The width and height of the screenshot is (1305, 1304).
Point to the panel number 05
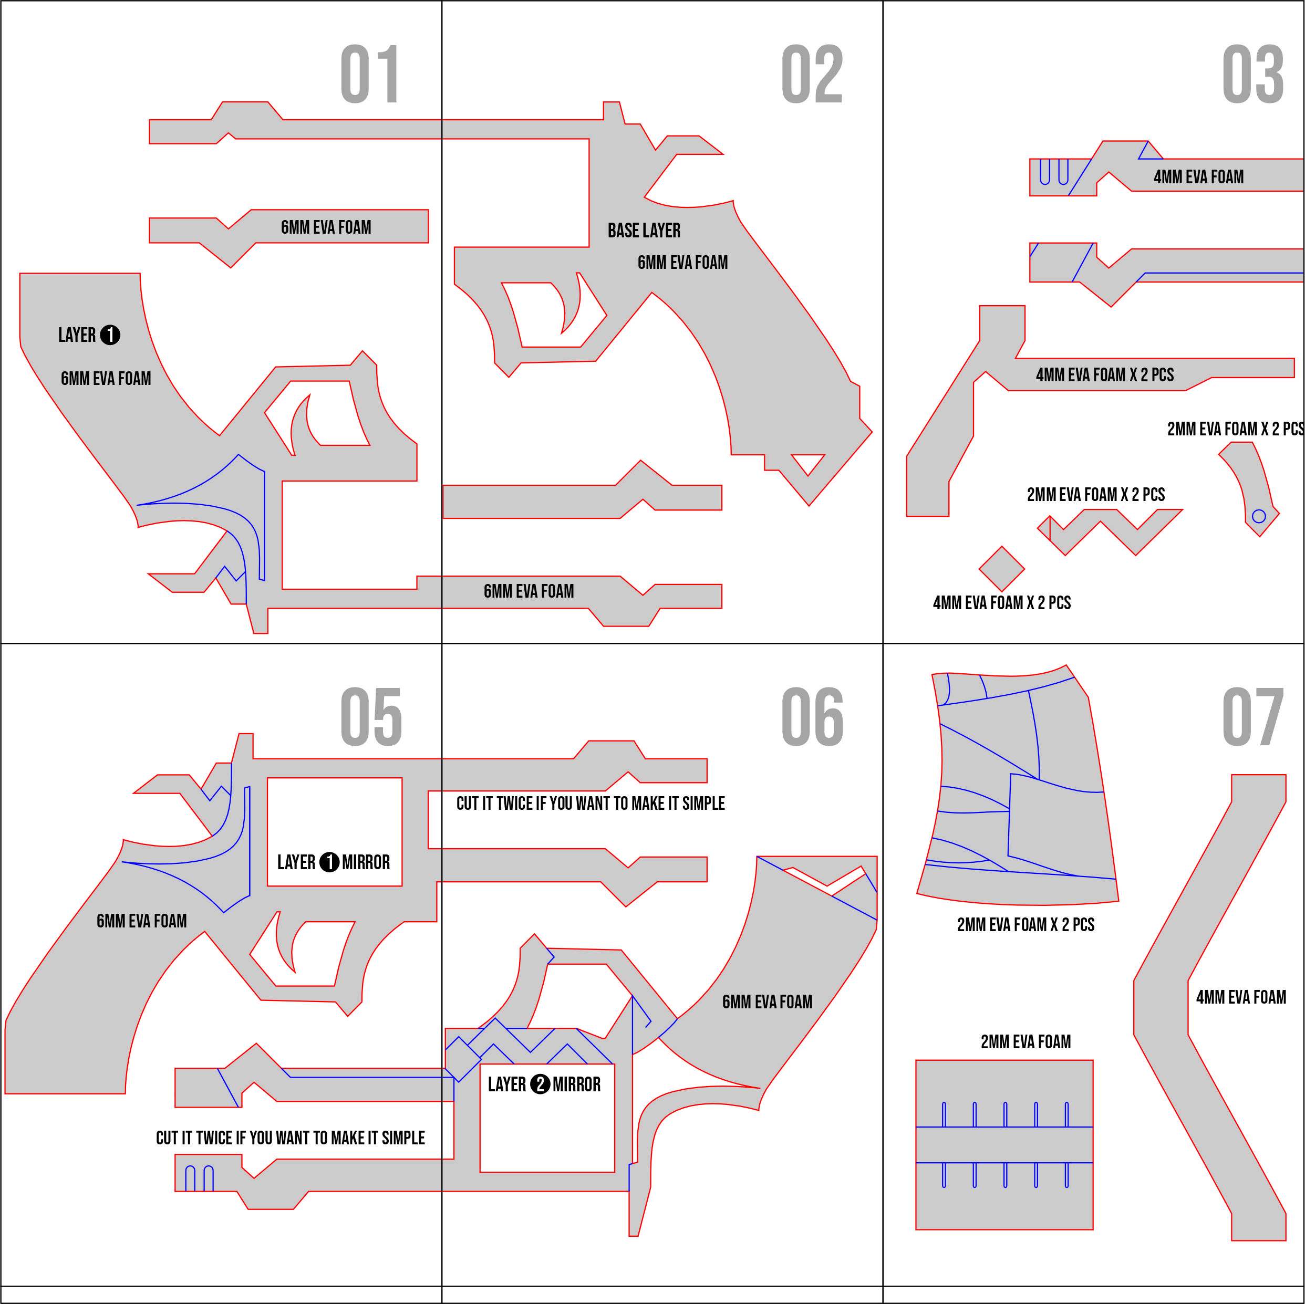pos(371,717)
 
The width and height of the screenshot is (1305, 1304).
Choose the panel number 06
pos(812,717)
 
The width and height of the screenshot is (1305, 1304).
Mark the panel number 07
pos(1252,717)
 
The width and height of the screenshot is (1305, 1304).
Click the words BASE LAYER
pos(644,231)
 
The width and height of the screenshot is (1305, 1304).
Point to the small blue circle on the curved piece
pos(1258,517)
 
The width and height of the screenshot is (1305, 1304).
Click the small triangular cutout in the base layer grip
pos(808,463)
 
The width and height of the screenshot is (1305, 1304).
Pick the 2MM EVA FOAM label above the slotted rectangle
pos(1026,1042)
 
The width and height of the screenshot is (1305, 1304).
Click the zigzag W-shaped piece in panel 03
pos(1108,530)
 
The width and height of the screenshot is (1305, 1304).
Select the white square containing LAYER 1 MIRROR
pos(334,832)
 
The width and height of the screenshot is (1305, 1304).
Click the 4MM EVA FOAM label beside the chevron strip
pos(1241,997)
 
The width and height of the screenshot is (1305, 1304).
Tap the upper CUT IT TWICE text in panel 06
pos(591,804)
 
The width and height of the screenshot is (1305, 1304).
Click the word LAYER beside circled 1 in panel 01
pos(77,335)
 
